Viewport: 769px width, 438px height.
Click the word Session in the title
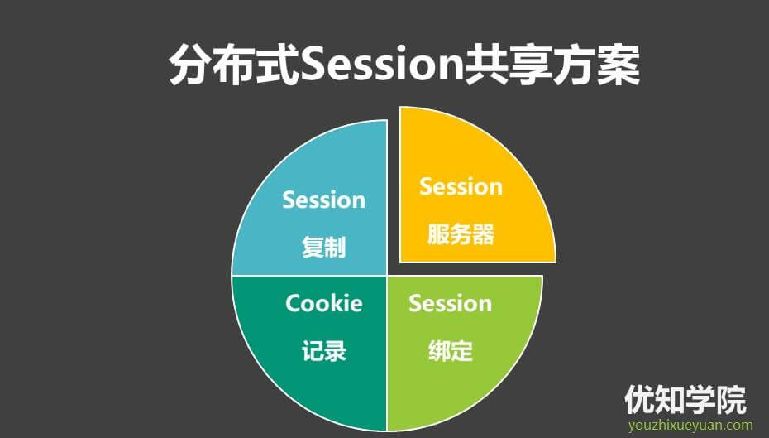(382, 65)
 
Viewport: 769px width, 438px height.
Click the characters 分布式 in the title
(235, 65)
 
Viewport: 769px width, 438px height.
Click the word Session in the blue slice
(323, 200)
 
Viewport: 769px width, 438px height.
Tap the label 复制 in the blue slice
(323, 247)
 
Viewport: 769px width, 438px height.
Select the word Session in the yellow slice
(461, 186)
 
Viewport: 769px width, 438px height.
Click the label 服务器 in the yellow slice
(461, 233)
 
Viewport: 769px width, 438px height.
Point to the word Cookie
(324, 303)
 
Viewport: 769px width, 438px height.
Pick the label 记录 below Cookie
(324, 350)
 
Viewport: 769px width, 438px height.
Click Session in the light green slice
(450, 303)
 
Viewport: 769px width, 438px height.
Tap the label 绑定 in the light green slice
(451, 350)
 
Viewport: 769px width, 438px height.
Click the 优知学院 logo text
(685, 400)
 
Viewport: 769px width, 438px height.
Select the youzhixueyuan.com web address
(690, 426)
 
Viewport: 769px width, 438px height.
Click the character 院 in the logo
(732, 400)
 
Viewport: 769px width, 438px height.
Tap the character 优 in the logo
(640, 400)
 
